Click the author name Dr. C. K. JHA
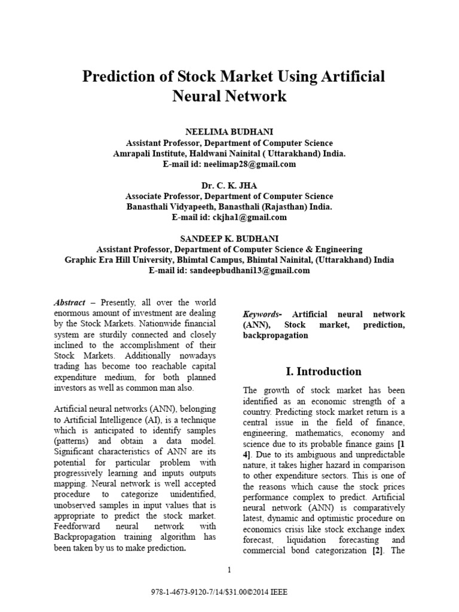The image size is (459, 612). click(x=229, y=186)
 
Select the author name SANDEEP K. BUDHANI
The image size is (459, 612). click(x=229, y=239)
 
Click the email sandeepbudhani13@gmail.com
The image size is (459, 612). click(x=250, y=270)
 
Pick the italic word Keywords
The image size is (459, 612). click(x=261, y=314)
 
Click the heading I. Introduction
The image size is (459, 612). click(x=323, y=371)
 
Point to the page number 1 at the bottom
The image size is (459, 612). click(x=229, y=569)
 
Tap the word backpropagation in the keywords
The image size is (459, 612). click(x=276, y=335)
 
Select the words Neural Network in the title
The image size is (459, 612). click(x=229, y=96)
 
